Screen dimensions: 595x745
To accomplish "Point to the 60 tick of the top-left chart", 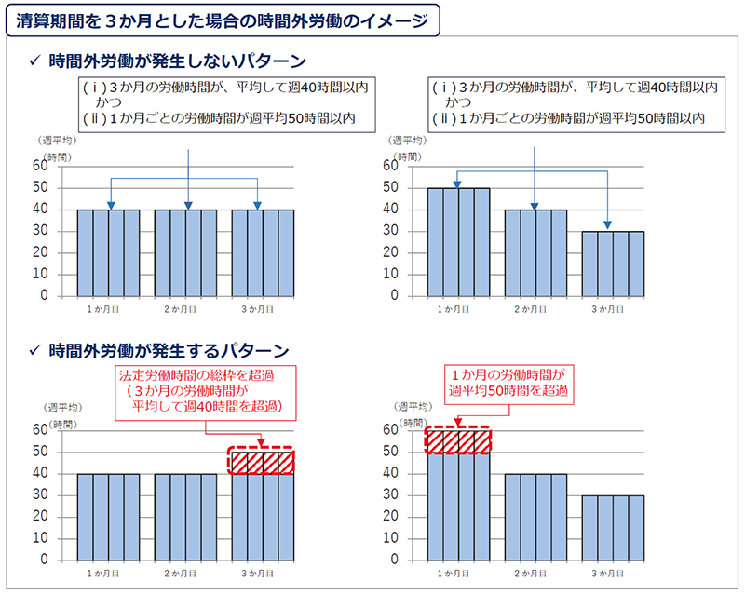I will tap(40, 166).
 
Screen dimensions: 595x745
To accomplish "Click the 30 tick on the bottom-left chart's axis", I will tap(40, 495).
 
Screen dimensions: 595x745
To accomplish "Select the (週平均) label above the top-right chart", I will tap(413, 140).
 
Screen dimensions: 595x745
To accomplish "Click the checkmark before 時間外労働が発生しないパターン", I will tap(34, 62).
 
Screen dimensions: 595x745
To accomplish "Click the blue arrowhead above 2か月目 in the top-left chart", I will tap(187, 205).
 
